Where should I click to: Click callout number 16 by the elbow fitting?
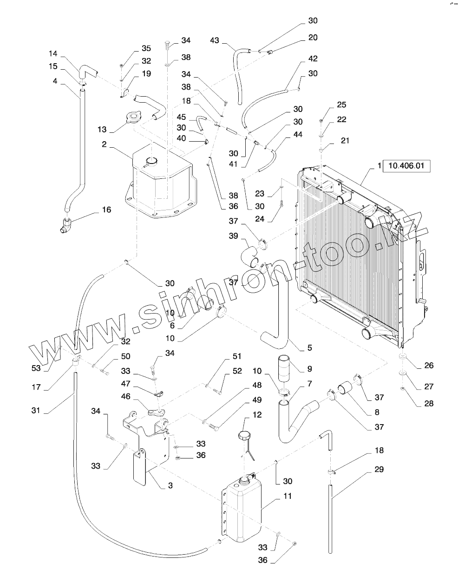[x=106, y=210]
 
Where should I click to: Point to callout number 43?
[x=215, y=41]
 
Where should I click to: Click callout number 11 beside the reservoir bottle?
[x=288, y=496]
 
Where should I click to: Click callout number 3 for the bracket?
[x=170, y=485]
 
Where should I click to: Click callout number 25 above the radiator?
[x=341, y=105]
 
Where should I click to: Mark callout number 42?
[x=313, y=59]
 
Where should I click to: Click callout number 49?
[x=257, y=400]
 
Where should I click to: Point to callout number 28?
[x=429, y=403]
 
